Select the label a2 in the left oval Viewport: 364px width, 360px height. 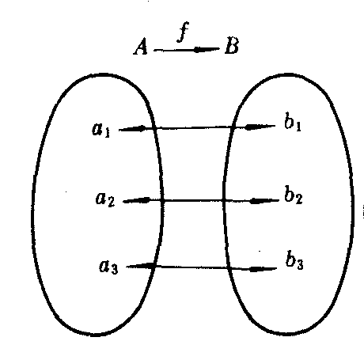point(105,199)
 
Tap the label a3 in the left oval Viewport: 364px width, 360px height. point(108,267)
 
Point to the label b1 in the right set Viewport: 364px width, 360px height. point(293,122)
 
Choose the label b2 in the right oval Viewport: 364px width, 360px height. point(294,195)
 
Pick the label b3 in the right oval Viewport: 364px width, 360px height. point(294,261)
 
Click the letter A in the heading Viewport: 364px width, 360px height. point(140,47)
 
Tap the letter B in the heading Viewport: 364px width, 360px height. point(232,46)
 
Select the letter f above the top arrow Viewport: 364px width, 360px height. point(183,32)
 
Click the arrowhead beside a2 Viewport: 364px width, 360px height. point(142,200)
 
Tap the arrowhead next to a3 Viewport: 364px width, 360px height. point(145,266)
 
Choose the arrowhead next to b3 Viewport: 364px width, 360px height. point(258,269)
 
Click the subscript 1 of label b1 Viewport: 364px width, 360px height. point(298,127)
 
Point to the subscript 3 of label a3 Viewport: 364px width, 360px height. point(114,269)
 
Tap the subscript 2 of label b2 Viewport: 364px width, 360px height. point(298,199)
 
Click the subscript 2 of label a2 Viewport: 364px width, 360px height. point(111,202)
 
